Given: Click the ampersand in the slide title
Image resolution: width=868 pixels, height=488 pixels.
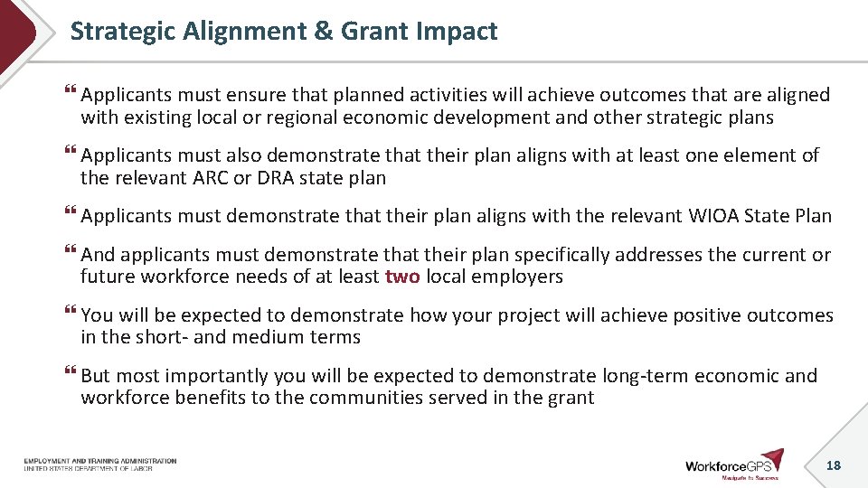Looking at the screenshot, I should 323,32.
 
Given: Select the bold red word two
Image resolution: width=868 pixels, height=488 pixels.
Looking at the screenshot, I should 402,277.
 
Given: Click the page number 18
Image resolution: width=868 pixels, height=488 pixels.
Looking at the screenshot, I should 833,465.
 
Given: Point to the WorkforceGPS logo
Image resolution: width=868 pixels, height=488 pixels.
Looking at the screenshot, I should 733,464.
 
